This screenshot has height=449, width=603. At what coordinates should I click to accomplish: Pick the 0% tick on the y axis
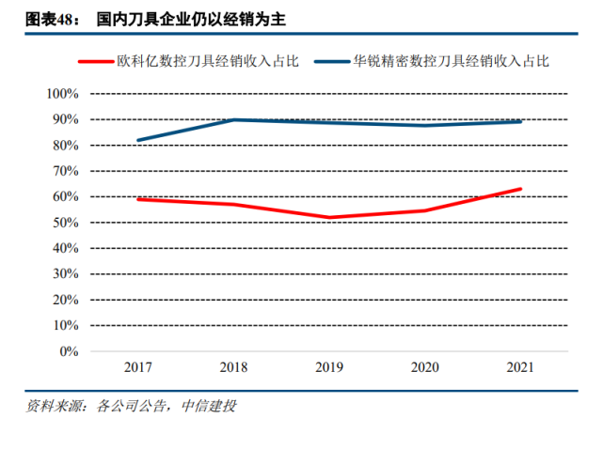(x=69, y=351)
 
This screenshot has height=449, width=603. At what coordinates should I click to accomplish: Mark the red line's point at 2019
(x=329, y=218)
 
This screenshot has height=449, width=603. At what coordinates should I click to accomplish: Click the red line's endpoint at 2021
(x=520, y=189)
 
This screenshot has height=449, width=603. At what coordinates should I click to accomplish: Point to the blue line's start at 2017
(x=138, y=140)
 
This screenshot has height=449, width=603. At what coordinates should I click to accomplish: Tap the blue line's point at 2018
(x=234, y=119)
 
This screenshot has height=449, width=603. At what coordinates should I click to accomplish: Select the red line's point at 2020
(x=425, y=210)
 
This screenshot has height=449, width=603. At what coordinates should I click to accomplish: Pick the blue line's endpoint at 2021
(x=520, y=121)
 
